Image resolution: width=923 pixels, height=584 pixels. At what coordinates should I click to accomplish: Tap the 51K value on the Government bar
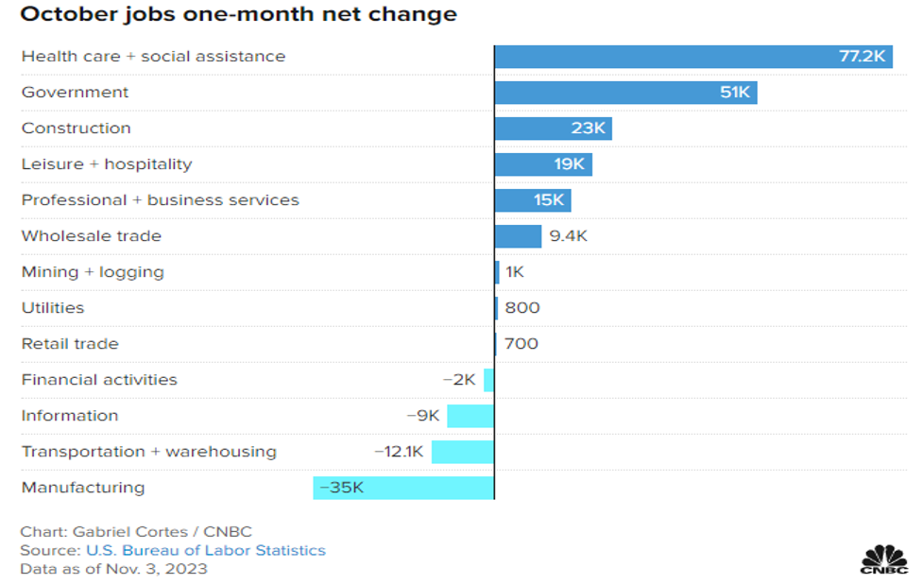[x=734, y=93]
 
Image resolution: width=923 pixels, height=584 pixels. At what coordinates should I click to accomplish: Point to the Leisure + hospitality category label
[x=107, y=164]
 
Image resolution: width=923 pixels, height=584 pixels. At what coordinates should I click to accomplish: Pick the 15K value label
[x=548, y=200]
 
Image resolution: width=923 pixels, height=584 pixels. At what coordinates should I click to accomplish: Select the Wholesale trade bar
[x=518, y=236]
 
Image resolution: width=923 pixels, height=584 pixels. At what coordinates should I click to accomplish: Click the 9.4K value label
[x=568, y=236]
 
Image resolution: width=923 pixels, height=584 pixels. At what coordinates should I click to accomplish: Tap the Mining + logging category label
[x=93, y=272]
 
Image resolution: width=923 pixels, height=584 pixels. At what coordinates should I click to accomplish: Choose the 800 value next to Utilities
[x=522, y=308]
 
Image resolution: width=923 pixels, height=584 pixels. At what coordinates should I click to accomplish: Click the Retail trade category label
[x=70, y=344]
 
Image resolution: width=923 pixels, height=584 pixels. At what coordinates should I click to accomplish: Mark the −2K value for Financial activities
[x=459, y=380]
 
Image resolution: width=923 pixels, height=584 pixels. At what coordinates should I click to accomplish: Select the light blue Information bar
[x=470, y=416]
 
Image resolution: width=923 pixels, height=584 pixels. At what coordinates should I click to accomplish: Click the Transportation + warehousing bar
[x=463, y=452]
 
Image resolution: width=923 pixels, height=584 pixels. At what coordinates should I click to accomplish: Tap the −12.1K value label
[x=399, y=452]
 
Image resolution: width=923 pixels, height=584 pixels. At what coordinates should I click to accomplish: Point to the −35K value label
[x=342, y=488]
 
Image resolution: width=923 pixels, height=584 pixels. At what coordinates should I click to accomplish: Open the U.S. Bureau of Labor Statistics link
[x=206, y=550]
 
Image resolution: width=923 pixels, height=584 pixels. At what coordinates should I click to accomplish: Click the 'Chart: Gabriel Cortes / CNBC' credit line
[x=136, y=531]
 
